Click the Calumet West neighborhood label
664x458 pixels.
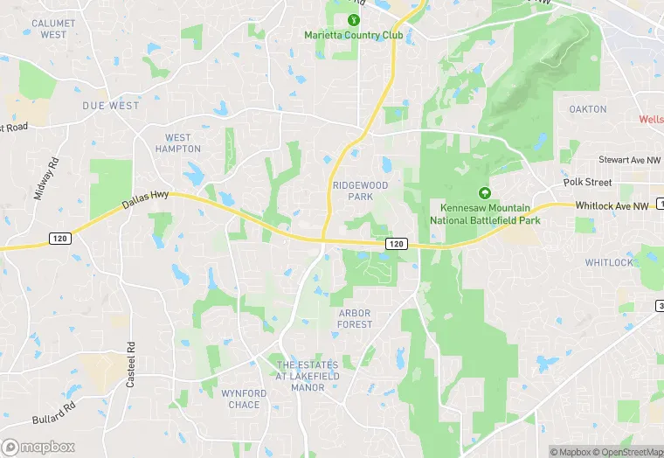pos(52,29)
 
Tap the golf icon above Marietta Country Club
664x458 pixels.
pos(354,19)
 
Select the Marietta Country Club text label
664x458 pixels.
pos(354,35)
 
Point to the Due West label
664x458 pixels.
pos(111,106)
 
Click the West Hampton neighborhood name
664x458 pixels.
pos(177,143)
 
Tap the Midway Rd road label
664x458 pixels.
pos(44,178)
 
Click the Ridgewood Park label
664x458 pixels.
pos(359,191)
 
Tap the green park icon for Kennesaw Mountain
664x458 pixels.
pos(484,193)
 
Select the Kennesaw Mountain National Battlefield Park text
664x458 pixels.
pos(485,215)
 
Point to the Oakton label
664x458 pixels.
pos(587,109)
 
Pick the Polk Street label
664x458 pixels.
pos(587,182)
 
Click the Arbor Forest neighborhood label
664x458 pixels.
pos(355,318)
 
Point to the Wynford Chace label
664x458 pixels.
pos(244,399)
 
